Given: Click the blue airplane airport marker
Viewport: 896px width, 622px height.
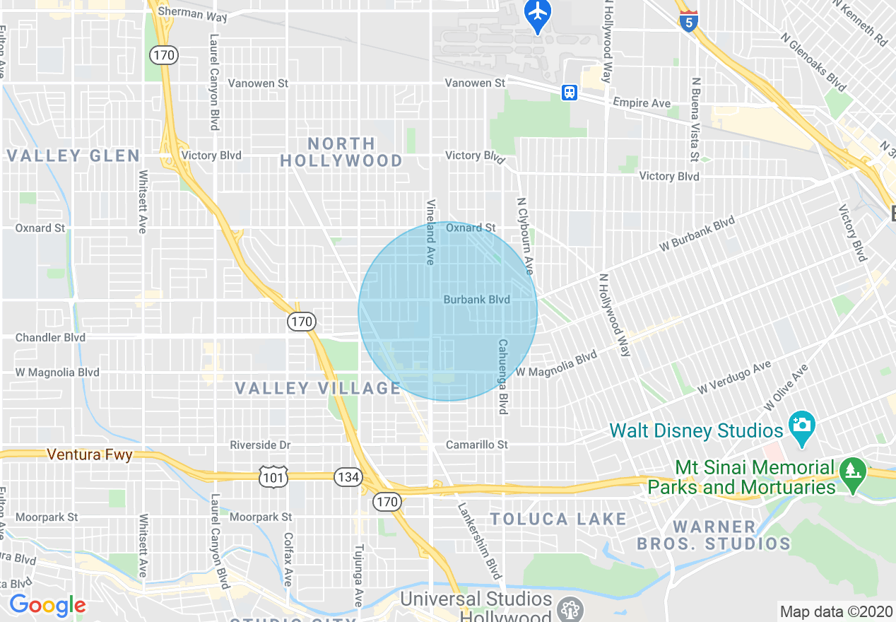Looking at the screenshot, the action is point(538,13).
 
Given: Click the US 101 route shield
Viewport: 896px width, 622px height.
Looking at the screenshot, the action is point(273,477).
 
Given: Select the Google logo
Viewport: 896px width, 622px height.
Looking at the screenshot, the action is point(47,605).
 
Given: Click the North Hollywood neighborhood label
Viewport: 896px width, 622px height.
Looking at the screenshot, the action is point(342,152).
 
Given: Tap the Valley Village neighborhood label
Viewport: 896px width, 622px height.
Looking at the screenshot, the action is point(318,388).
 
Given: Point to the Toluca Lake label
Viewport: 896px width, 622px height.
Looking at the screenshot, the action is point(558,520).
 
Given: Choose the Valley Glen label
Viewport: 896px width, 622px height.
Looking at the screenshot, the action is point(73,155).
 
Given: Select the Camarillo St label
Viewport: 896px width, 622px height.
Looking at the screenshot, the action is point(477,445).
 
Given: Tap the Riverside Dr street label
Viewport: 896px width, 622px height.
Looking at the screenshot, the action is point(260,445).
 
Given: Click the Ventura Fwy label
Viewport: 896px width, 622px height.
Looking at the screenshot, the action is point(90,454).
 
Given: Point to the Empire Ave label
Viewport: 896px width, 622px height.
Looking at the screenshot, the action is point(642,103).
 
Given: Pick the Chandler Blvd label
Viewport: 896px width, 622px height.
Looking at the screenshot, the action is point(50,337).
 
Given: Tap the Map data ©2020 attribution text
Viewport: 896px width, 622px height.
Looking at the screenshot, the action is point(836,611).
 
